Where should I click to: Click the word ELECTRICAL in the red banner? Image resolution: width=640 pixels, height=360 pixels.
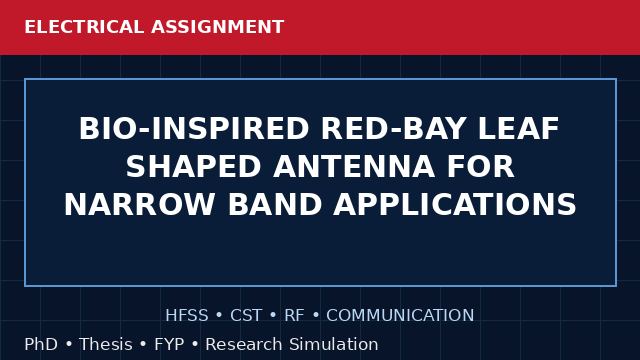(x=84, y=27)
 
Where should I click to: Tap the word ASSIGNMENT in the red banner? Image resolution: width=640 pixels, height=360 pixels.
(x=218, y=27)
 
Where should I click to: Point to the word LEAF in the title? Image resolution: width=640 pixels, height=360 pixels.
(x=518, y=129)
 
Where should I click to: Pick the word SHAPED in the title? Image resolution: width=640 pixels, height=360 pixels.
(x=193, y=167)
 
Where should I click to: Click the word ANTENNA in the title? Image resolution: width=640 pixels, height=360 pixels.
(x=354, y=167)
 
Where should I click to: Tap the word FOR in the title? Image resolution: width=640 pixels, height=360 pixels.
(x=481, y=167)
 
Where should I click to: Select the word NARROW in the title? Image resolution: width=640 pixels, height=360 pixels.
(x=140, y=204)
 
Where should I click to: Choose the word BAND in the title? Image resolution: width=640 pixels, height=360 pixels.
(x=275, y=204)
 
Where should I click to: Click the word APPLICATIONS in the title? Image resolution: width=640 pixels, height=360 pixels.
(x=455, y=204)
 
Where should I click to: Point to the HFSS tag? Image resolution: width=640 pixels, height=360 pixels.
(x=187, y=316)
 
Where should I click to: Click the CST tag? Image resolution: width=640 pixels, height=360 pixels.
(x=246, y=316)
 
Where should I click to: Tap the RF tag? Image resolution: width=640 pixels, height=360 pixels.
(x=294, y=316)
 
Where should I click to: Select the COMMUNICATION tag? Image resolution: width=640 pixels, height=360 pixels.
(x=400, y=316)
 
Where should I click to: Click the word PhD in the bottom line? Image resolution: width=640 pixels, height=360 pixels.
(x=41, y=344)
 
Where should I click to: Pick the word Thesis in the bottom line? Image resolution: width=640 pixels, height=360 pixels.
(x=106, y=344)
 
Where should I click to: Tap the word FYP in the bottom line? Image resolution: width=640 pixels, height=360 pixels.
(x=169, y=344)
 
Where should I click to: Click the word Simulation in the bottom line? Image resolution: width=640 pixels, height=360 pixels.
(x=334, y=344)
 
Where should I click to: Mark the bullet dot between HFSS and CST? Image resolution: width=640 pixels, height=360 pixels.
(x=219, y=316)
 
